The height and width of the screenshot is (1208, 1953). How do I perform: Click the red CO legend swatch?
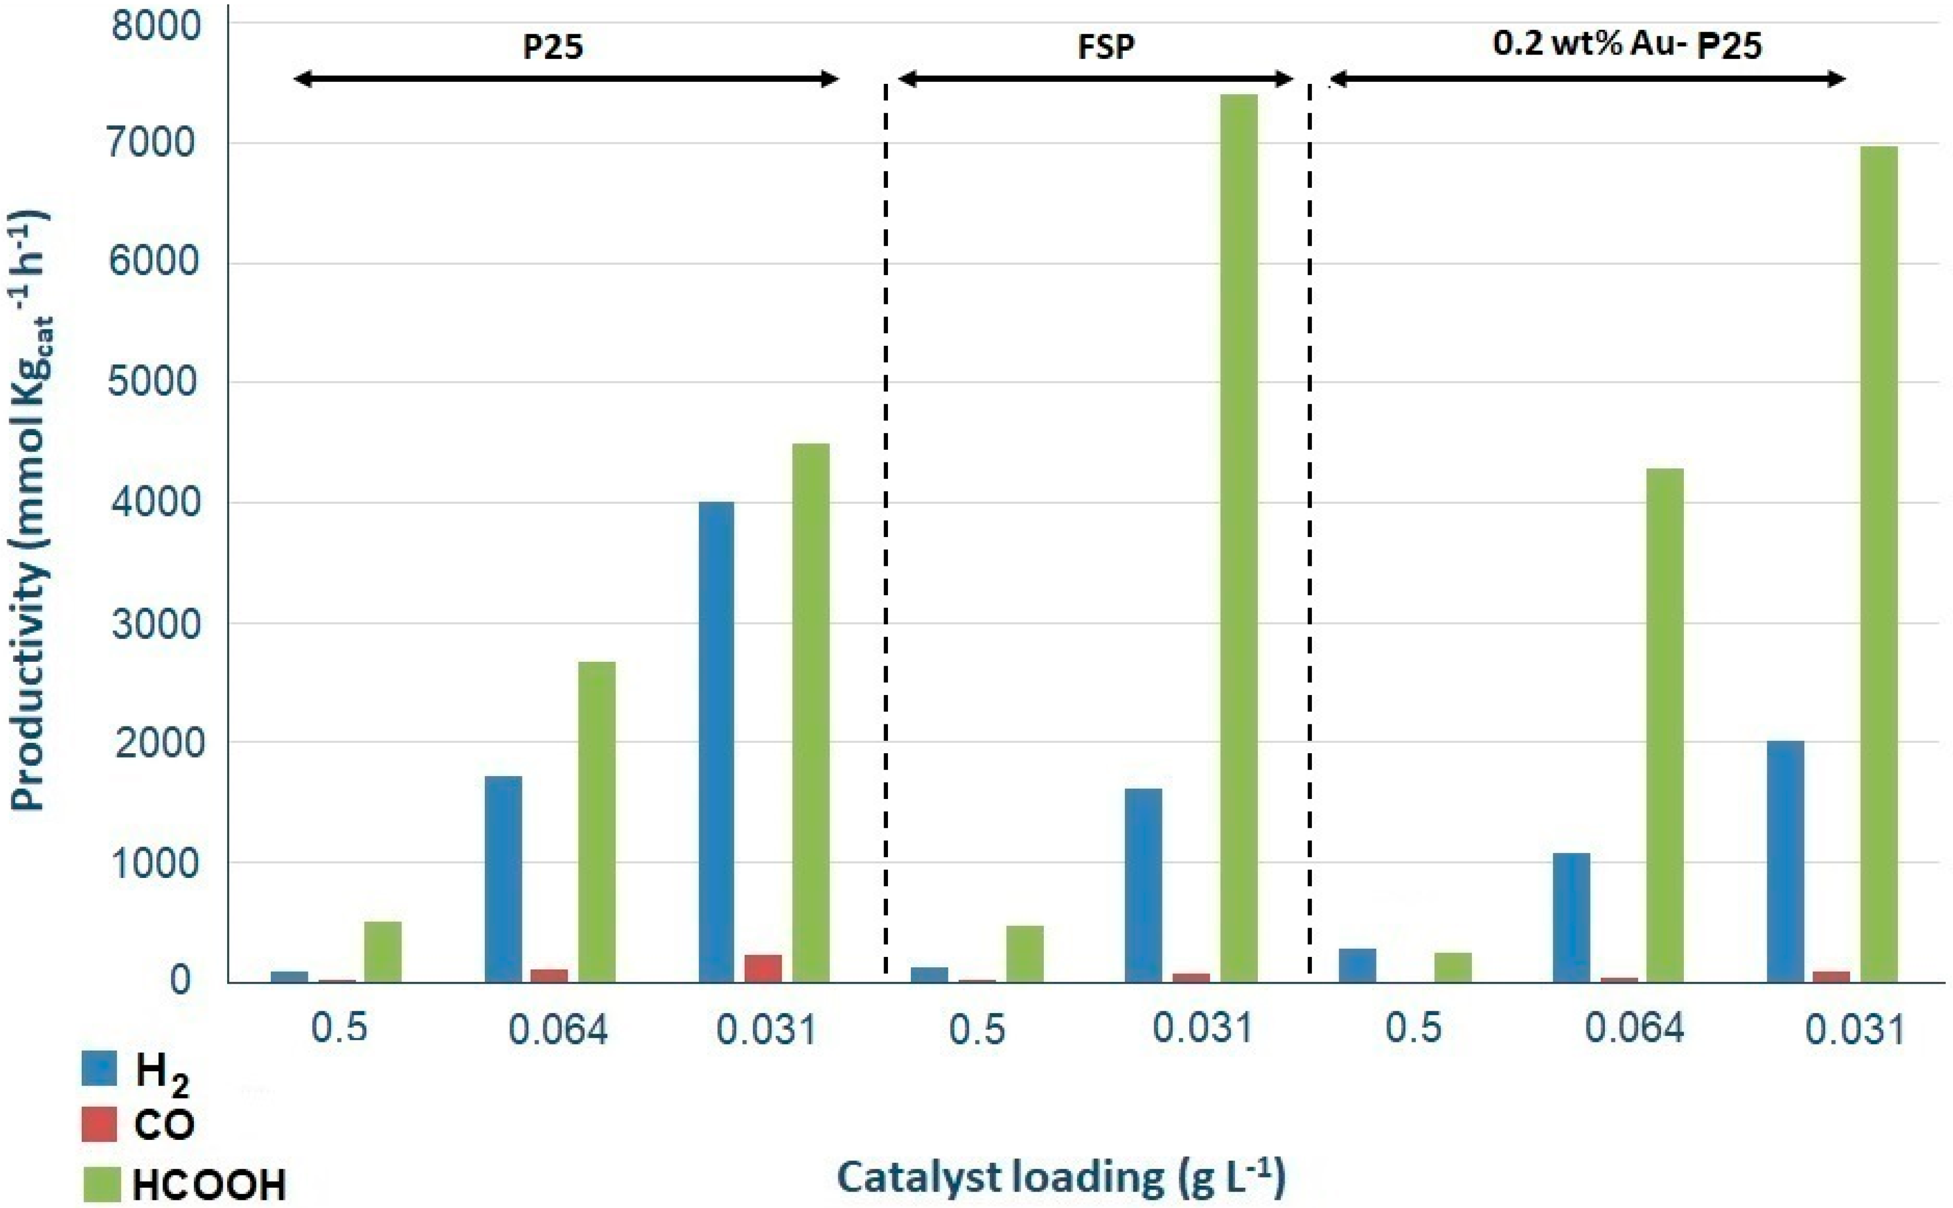[x=100, y=1124]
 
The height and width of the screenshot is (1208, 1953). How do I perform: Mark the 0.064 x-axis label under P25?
[x=558, y=1030]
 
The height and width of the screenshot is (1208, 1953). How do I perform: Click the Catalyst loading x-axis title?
[x=1061, y=1177]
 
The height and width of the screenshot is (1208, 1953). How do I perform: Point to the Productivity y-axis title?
[x=31, y=511]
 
